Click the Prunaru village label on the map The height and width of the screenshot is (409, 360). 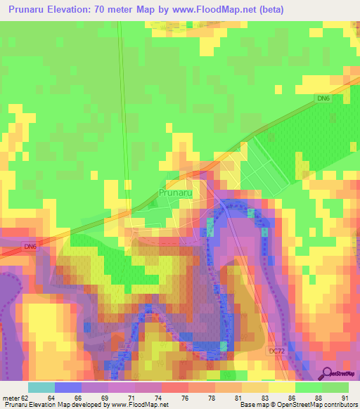pyautogui.click(x=176, y=192)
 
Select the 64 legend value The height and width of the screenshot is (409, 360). pyautogui.click(x=51, y=398)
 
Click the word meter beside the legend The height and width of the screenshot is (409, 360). pyautogui.click(x=11, y=398)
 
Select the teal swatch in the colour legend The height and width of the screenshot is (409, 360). pyautogui.click(x=41, y=387)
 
